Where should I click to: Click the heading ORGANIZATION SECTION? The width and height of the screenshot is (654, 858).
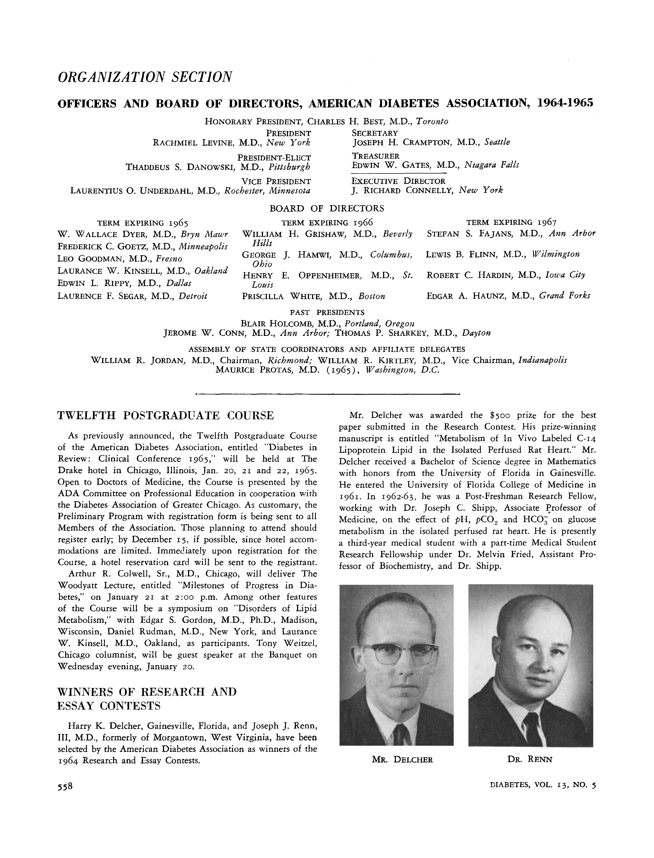tap(145, 77)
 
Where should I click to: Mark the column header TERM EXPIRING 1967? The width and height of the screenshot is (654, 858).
tap(511, 222)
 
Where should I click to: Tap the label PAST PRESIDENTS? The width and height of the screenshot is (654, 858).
tap(327, 312)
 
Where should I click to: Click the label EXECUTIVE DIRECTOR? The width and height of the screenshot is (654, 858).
tap(398, 181)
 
